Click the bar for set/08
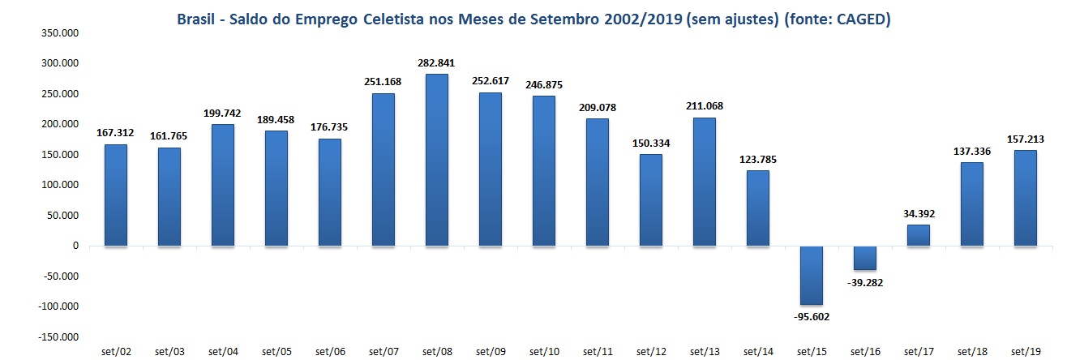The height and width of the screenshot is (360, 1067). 437,160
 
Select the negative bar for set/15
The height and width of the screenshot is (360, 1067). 812,275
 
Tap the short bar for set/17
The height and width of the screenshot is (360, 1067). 919,235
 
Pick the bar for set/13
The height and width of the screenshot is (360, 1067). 705,182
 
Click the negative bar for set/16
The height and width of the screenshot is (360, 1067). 865,258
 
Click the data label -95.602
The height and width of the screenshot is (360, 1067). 812,317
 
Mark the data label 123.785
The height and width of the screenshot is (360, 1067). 758,161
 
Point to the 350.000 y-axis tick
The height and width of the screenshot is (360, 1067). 62,32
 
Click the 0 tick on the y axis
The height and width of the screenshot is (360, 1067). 76,246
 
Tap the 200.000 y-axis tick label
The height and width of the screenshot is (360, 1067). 62,124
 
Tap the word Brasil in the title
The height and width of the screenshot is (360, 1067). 199,20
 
